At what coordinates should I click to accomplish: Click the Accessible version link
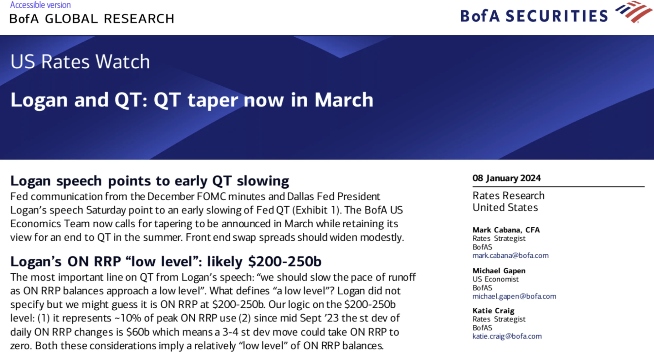click(x=40, y=5)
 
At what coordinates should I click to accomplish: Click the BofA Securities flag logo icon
click(x=634, y=12)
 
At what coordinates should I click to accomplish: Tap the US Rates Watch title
click(x=80, y=61)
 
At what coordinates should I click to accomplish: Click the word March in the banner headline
click(x=344, y=100)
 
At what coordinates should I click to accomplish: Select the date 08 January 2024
click(x=506, y=178)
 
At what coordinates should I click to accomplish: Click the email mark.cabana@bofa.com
click(x=510, y=255)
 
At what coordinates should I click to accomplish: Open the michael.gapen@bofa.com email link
click(x=514, y=296)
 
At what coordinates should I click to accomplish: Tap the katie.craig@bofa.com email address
click(x=507, y=336)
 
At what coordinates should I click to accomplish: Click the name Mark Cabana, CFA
click(x=506, y=230)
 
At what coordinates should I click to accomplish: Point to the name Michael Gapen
click(x=499, y=271)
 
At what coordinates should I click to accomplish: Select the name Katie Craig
click(x=493, y=311)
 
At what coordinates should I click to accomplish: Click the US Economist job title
click(x=495, y=279)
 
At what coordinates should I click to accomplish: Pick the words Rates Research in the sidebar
click(x=508, y=196)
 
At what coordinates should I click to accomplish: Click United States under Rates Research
click(x=505, y=208)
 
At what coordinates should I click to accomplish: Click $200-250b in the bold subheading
click(x=285, y=262)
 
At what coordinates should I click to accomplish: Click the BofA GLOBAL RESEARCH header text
click(x=92, y=19)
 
